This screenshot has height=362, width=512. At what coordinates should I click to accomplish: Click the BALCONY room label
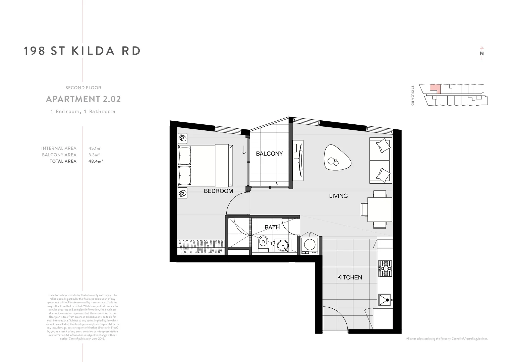pyautogui.click(x=269, y=154)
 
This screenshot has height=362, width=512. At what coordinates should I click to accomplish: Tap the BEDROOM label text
pyautogui.click(x=218, y=191)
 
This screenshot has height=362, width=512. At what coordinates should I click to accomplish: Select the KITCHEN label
pyautogui.click(x=349, y=278)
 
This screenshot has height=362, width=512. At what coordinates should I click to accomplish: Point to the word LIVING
pyautogui.click(x=338, y=196)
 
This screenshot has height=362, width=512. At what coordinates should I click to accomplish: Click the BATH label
pyautogui.click(x=272, y=228)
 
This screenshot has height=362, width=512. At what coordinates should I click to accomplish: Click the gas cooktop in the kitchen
pyautogui.click(x=385, y=268)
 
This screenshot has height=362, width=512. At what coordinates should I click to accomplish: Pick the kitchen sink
pyautogui.click(x=385, y=300)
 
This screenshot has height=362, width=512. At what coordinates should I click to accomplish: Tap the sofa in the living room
pyautogui.click(x=381, y=161)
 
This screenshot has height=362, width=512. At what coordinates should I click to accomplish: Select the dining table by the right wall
pyautogui.click(x=380, y=209)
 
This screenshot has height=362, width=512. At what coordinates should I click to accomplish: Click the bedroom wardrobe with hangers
pyautogui.click(x=201, y=247)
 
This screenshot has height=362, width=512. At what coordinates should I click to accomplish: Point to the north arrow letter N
pyautogui.click(x=482, y=53)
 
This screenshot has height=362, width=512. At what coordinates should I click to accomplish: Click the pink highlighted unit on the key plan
pyautogui.click(x=435, y=88)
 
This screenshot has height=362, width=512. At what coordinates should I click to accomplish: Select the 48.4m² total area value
pyautogui.click(x=95, y=161)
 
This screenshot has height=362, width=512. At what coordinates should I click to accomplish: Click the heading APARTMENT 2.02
pyautogui.click(x=83, y=99)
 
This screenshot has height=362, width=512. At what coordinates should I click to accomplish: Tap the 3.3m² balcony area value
pyautogui.click(x=94, y=155)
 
